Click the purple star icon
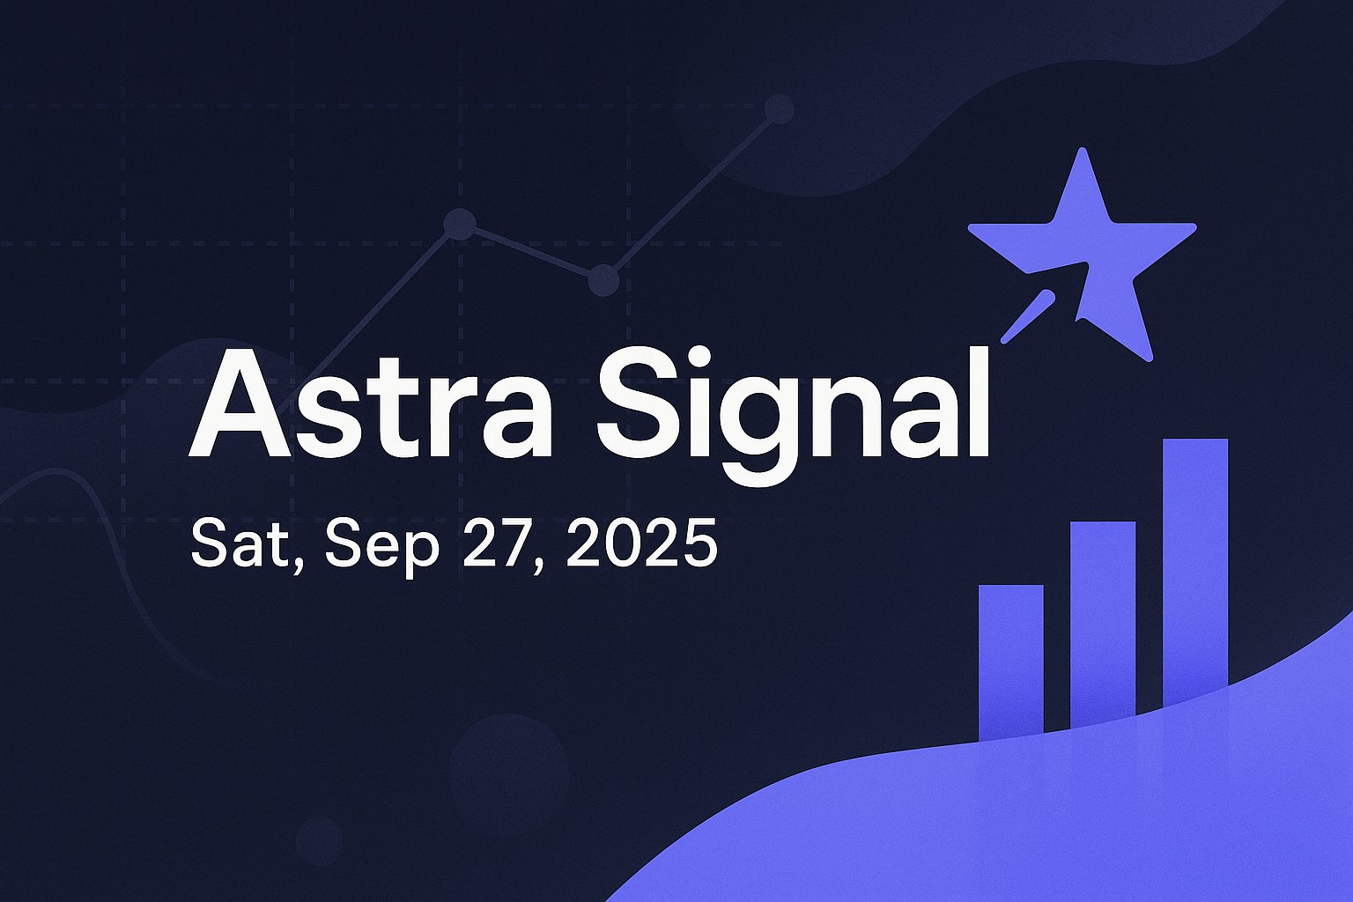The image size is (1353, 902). (x=1083, y=255)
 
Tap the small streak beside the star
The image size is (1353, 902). (x=1028, y=316)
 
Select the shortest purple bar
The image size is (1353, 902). (x=1010, y=662)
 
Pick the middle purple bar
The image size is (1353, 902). (x=1103, y=625)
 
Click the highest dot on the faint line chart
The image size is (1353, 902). (x=779, y=109)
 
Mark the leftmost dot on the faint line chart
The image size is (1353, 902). (x=461, y=224)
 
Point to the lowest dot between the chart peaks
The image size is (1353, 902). (x=603, y=280)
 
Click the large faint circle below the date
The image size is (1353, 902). (x=509, y=774)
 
